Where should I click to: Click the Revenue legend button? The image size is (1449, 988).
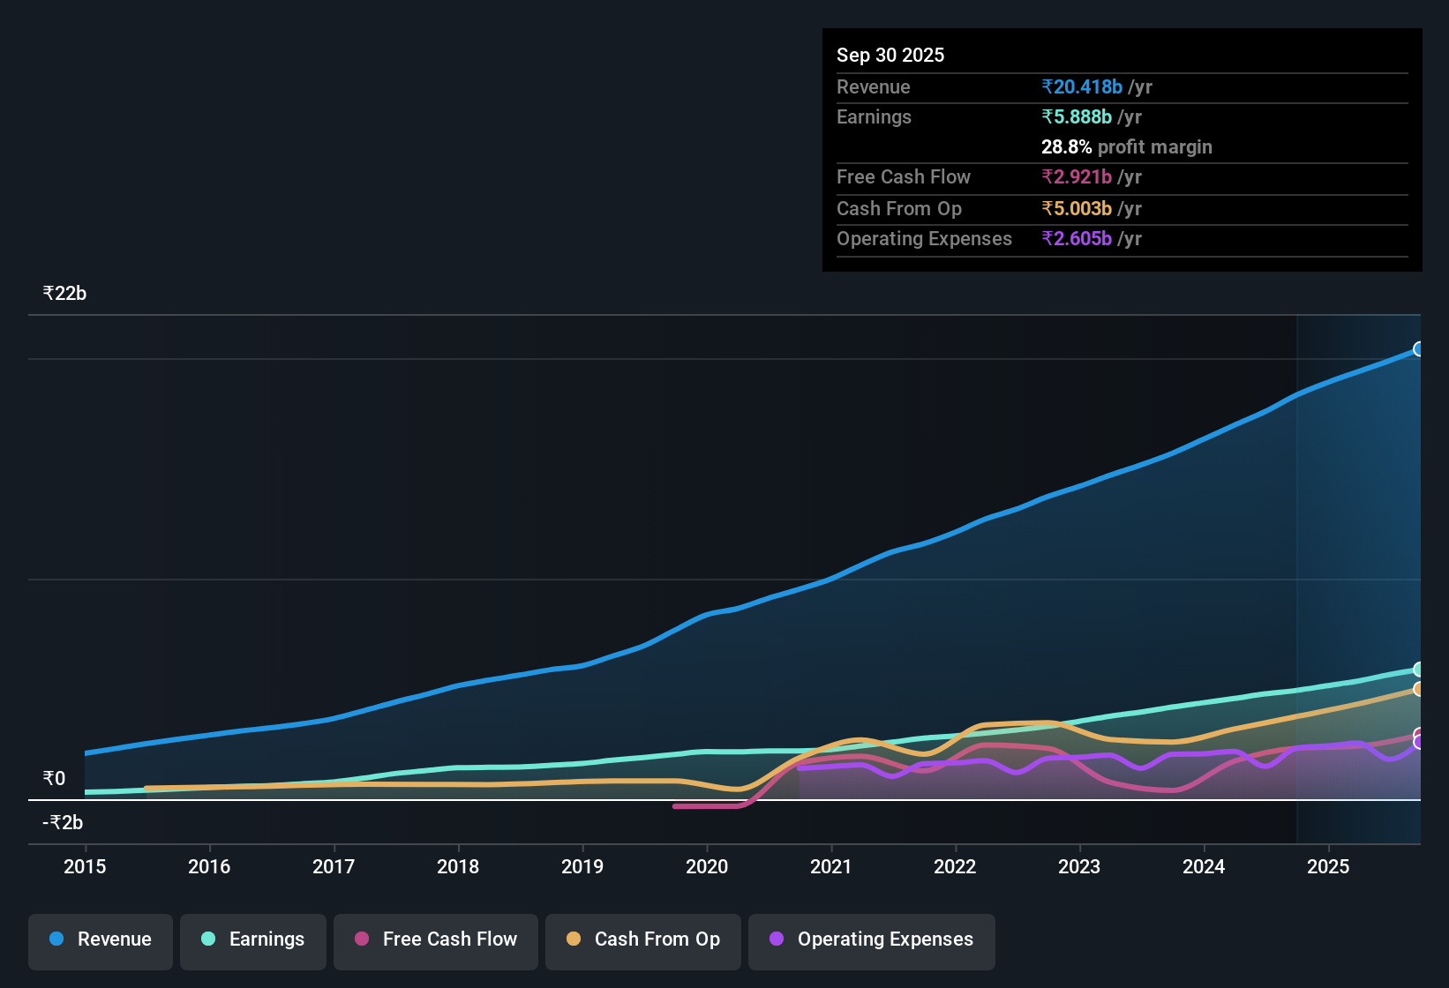tap(101, 939)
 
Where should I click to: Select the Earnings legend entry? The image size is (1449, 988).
tap(253, 939)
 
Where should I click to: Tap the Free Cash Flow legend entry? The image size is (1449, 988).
tap(436, 939)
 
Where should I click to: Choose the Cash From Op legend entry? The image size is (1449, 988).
tap(643, 939)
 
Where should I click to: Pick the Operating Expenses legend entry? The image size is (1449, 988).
tap(872, 939)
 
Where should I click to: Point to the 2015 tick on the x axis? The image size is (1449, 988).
tap(85, 866)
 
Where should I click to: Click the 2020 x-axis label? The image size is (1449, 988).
tap(707, 866)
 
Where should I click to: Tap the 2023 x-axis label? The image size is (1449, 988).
tap(1079, 866)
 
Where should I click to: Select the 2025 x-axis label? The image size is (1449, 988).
tap(1328, 866)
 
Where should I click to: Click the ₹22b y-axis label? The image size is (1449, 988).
tap(64, 294)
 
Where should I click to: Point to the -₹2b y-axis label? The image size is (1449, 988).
tap(63, 823)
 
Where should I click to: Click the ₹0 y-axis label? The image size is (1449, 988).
tap(54, 779)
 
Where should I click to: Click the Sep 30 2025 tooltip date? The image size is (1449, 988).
tap(890, 56)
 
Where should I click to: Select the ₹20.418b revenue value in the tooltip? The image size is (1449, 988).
tap(1082, 87)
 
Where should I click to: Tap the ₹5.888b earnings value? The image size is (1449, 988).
tap(1077, 117)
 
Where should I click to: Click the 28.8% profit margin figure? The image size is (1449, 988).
tap(1066, 147)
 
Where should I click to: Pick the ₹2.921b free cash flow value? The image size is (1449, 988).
tap(1077, 177)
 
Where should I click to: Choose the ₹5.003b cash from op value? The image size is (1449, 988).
tap(1077, 209)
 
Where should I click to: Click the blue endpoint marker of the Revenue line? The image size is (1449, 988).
tap(1419, 349)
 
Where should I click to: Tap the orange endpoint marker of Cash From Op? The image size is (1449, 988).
tap(1419, 689)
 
